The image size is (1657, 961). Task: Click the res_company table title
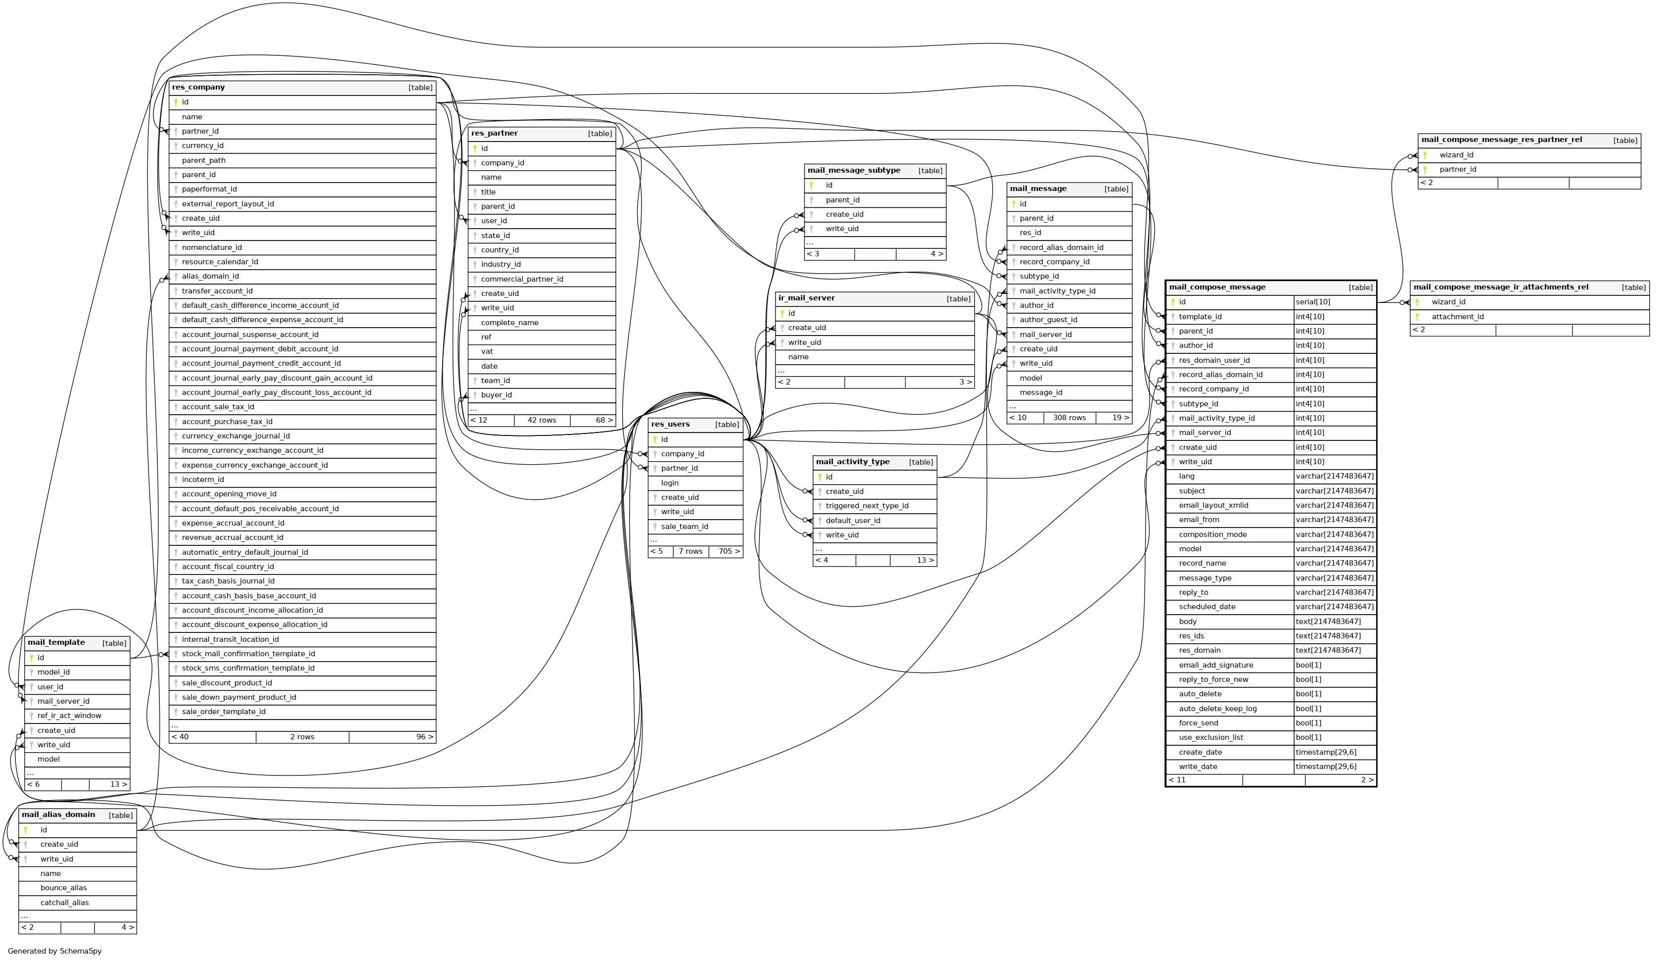[x=198, y=88]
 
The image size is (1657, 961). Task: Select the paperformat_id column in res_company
[x=209, y=190]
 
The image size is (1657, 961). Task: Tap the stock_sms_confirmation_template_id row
[x=248, y=668]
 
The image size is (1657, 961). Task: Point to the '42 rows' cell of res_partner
[x=541, y=420]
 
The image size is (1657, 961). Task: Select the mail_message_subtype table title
[x=854, y=170]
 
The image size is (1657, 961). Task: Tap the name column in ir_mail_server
[x=798, y=357]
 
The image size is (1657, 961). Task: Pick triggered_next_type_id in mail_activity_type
[x=867, y=506]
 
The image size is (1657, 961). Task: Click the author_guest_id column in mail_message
[x=1048, y=320]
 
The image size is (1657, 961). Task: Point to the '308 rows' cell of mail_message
[x=1069, y=418]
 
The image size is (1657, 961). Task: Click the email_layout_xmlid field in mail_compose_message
[x=1213, y=505]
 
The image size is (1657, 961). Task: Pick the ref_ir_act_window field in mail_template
[x=69, y=716]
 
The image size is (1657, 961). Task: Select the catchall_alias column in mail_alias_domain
[x=64, y=903]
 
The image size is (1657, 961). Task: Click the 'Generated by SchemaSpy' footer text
[x=54, y=951]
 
